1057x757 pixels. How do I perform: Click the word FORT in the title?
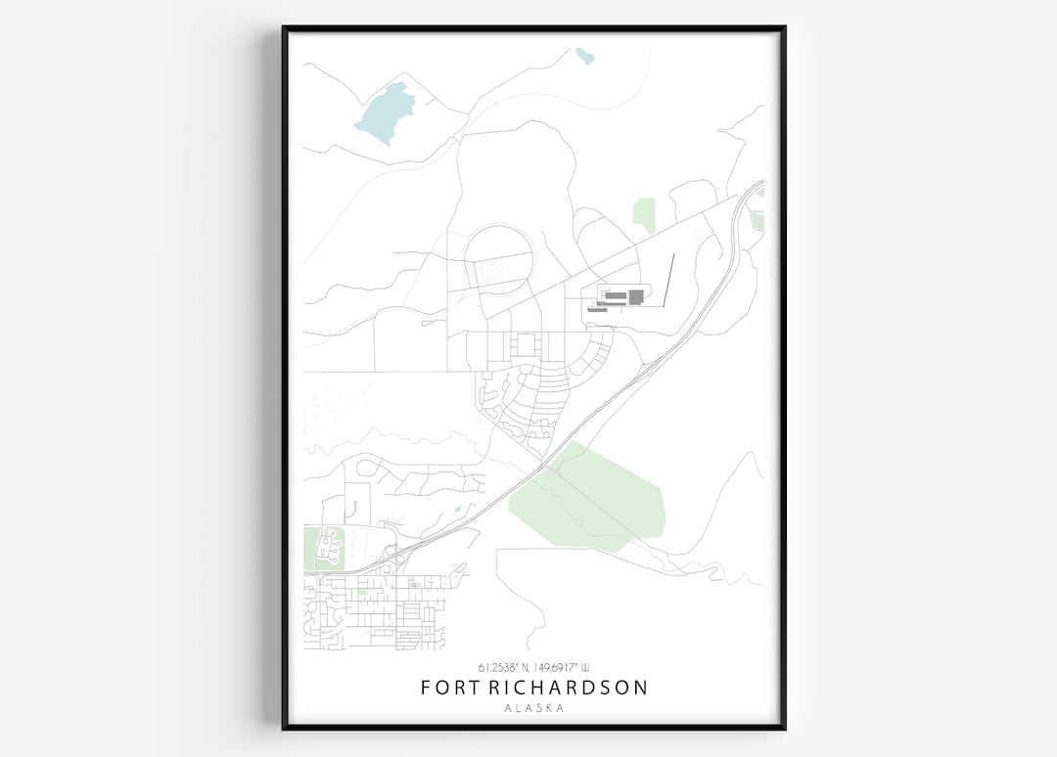pyautogui.click(x=450, y=688)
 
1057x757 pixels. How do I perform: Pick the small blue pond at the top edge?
pyautogui.click(x=585, y=56)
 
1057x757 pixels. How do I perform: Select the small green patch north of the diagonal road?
pyautogui.click(x=644, y=214)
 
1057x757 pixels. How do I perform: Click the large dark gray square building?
pyautogui.click(x=636, y=296)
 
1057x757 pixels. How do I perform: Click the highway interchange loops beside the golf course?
pyautogui.click(x=392, y=555)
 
